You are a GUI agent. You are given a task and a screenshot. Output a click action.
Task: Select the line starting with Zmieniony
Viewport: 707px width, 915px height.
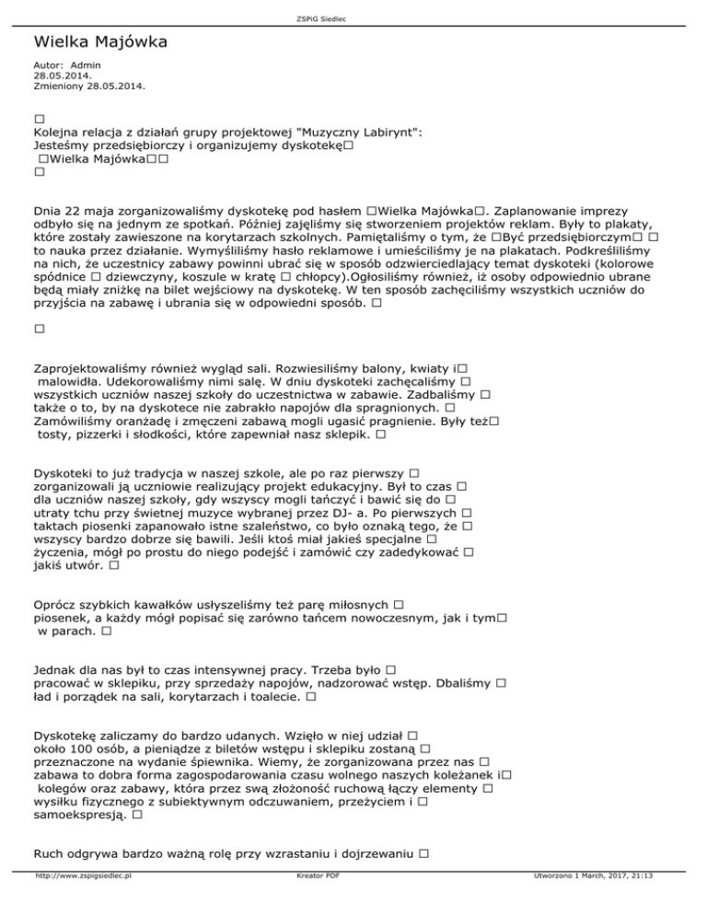pos(88,86)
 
